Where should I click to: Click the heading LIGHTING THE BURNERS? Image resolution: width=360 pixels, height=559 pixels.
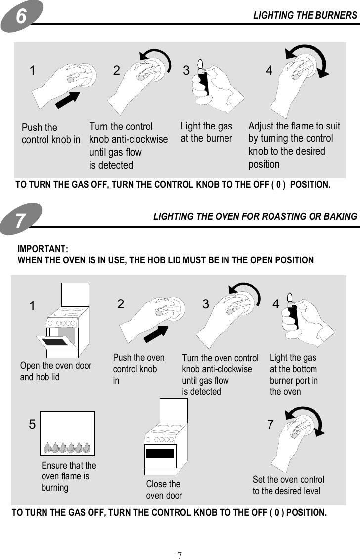click(x=305, y=15)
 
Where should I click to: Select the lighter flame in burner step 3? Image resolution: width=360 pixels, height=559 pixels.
click(x=200, y=64)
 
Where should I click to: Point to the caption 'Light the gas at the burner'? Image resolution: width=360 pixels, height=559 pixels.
click(x=206, y=132)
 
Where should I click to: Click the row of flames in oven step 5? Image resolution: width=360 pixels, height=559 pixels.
click(x=67, y=447)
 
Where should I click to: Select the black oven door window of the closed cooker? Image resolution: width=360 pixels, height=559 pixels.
click(x=160, y=453)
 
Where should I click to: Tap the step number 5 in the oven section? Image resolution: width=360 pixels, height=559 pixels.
click(x=32, y=425)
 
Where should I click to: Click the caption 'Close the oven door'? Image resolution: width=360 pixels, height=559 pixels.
click(x=164, y=490)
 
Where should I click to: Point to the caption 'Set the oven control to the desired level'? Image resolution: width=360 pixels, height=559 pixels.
click(x=288, y=485)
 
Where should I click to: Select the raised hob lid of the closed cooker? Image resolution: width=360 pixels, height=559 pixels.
click(x=174, y=410)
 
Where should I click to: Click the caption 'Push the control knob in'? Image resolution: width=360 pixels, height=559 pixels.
click(x=51, y=134)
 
